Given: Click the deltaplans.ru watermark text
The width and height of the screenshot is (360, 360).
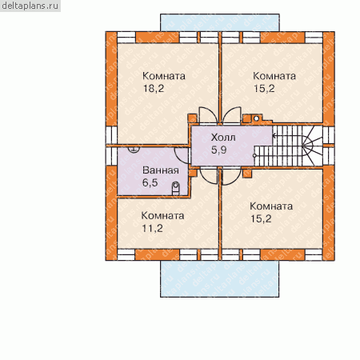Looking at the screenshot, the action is [30, 6].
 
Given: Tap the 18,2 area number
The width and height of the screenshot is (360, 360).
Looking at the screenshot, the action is [154, 88].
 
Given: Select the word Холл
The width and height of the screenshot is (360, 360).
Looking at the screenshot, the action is [223, 138].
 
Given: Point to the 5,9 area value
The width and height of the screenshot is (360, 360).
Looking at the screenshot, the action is [219, 150].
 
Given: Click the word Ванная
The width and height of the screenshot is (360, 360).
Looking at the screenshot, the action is [161, 170].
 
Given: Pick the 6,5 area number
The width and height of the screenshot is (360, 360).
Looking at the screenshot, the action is [150, 182].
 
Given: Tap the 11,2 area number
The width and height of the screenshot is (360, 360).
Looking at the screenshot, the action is [152, 228].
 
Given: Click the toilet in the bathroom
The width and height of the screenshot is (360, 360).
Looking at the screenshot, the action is [175, 189].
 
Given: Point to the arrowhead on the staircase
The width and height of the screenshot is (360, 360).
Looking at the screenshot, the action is [274, 136].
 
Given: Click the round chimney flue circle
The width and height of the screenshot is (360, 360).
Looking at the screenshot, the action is [256, 118].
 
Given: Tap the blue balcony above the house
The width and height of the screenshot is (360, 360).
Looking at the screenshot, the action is [220, 22].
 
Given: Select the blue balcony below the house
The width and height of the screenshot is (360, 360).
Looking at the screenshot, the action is [220, 278].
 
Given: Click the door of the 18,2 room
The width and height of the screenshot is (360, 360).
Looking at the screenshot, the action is [209, 115].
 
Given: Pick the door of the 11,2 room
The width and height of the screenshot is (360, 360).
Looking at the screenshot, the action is [209, 176].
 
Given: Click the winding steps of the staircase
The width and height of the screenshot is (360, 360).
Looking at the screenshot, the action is [313, 146].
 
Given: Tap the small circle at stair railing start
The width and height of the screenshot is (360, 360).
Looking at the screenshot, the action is [254, 155].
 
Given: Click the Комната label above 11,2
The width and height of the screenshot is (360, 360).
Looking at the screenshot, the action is [162, 215].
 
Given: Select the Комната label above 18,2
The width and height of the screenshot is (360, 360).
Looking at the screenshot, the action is [164, 76].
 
